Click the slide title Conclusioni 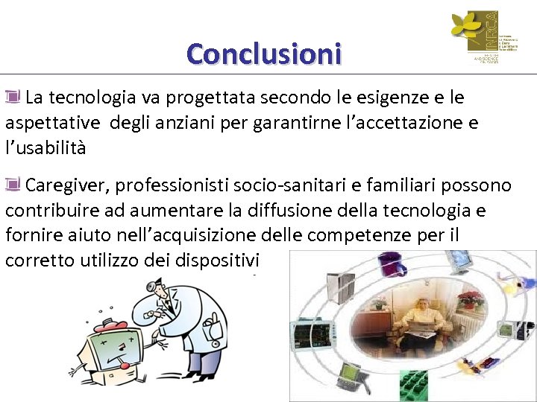pyautogui.click(x=263, y=54)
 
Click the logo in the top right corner pyautogui.click(x=474, y=36)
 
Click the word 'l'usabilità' pyautogui.click(x=45, y=148)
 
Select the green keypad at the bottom pyautogui.click(x=415, y=386)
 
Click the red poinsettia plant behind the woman pyautogui.click(x=469, y=299)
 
